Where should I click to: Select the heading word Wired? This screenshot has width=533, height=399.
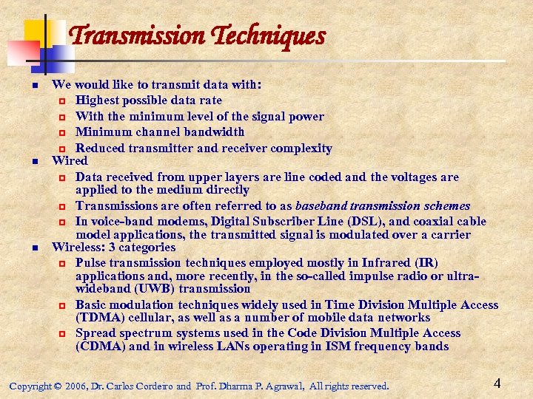(70, 160)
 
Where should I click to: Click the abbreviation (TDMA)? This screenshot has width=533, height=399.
(100, 318)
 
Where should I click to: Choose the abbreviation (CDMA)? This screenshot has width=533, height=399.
(100, 347)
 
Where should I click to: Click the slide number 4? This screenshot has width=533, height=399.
(497, 383)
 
